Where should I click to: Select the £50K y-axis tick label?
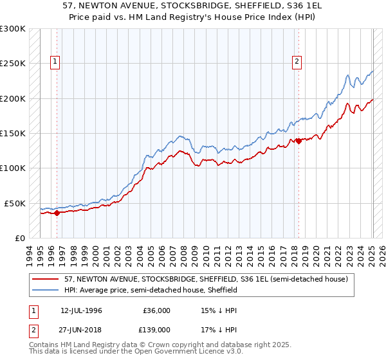[14, 203]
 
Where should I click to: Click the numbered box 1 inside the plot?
[56, 62]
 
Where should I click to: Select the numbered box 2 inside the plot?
[297, 62]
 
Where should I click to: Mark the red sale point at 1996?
[57, 213]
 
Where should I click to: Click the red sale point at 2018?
[299, 141]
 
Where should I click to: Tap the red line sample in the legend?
[45, 279]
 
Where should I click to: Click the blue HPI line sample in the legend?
[45, 290]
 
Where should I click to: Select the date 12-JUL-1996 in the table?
[81, 310]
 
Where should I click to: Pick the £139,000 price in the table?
[157, 330]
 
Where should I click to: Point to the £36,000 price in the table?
[157, 310]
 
